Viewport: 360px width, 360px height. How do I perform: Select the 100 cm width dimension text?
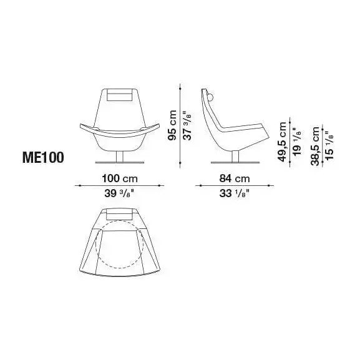pos(119,178)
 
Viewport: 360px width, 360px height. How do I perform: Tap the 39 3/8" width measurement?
pos(119,194)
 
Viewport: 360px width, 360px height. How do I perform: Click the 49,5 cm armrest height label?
pos(281,142)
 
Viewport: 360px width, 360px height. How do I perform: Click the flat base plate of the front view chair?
pos(119,163)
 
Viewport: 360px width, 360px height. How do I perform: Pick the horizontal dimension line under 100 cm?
pos(119,185)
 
